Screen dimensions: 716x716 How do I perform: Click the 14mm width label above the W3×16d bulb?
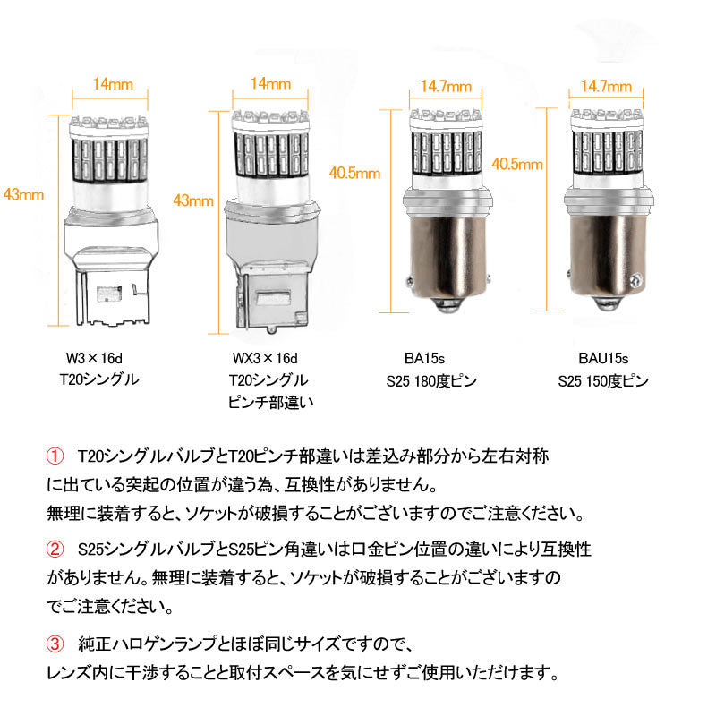[x=113, y=85]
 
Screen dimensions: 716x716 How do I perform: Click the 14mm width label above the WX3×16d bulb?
[x=271, y=85]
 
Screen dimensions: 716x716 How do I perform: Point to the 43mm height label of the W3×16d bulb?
[x=21, y=194]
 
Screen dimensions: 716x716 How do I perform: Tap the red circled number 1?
[x=55, y=457]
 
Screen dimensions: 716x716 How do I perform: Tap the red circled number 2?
[x=55, y=545]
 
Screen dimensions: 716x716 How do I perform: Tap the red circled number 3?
[x=55, y=643]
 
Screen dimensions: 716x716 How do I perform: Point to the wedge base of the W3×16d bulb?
[x=112, y=268]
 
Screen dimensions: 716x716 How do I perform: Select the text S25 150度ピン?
[x=602, y=380]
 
